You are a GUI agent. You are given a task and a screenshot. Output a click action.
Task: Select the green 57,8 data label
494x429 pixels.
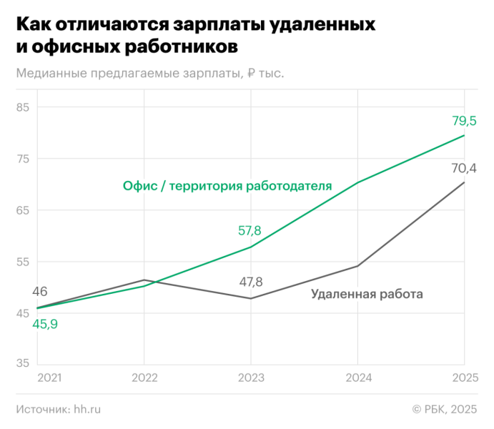[250, 231]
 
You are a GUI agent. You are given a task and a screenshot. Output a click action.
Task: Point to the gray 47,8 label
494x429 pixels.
[251, 282]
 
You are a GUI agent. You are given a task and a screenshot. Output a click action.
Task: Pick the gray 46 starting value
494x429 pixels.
[40, 292]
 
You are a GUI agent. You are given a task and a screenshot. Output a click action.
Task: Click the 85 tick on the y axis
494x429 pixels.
[24, 108]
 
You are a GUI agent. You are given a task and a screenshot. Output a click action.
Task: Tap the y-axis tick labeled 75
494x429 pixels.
[24, 159]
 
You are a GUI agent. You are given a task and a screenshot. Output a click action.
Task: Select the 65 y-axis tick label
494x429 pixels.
[24, 210]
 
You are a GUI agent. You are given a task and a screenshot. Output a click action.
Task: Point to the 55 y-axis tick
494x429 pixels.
[24, 261]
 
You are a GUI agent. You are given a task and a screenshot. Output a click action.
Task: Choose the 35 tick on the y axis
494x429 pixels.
[24, 363]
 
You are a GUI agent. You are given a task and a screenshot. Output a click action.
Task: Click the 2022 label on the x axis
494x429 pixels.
[144, 377]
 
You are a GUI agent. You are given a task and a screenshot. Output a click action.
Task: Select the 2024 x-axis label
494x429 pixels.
[357, 377]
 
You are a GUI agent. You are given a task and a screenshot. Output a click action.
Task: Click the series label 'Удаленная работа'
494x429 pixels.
[367, 294]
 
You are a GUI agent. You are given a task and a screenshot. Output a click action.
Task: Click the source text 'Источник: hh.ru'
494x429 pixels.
[58, 409]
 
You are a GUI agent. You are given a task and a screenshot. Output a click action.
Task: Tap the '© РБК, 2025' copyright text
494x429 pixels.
[444, 409]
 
